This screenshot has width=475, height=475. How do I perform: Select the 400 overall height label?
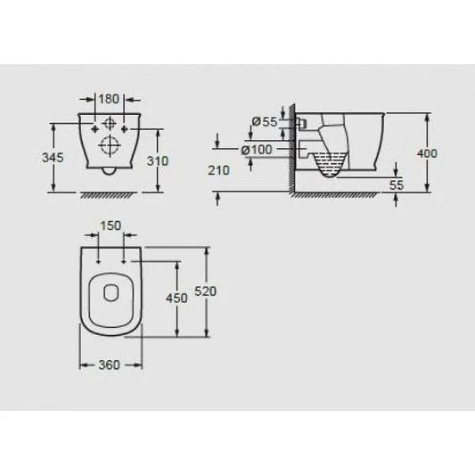(428, 154)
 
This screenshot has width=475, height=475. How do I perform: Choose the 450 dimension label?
(177, 298)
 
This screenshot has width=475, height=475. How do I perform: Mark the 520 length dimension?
(205, 291)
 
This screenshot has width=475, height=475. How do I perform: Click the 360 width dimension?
(108, 364)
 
